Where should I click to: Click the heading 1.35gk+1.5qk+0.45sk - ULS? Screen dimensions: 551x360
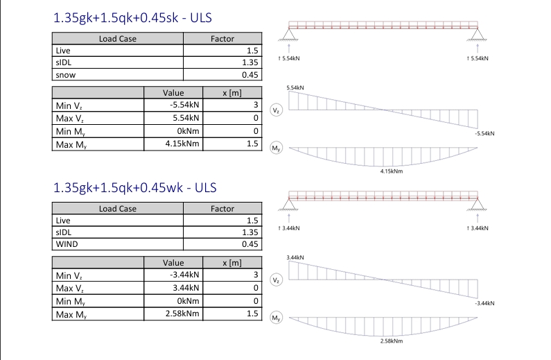pos(132,18)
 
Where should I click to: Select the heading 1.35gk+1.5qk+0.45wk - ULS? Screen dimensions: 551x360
pos(134,188)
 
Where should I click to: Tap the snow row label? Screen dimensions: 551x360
pos(66,75)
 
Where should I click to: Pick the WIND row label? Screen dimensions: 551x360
pos(67,244)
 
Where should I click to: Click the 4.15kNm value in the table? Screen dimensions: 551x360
pos(182,144)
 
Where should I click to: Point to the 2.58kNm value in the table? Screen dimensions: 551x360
pos(182,314)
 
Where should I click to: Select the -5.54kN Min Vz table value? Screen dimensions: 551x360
pos(184,105)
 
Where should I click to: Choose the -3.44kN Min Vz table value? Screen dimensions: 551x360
pos(184,275)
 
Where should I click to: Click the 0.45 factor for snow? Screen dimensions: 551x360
pos(250,75)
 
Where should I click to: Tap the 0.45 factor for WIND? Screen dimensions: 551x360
pos(250,244)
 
